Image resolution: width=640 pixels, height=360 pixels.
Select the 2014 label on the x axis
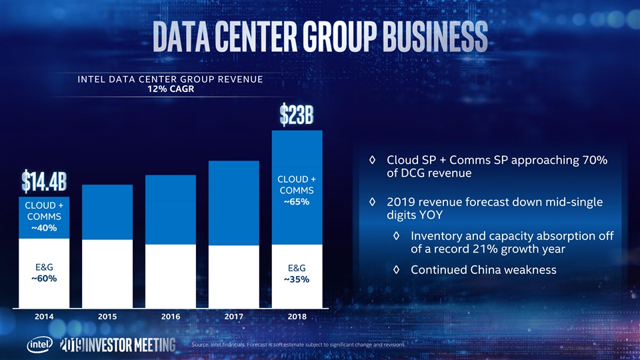tap(45, 317)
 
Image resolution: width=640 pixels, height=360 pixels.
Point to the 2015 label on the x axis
tap(107, 317)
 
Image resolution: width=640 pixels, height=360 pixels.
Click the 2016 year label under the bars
tap(171, 317)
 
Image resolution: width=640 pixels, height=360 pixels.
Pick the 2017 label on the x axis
tap(233, 317)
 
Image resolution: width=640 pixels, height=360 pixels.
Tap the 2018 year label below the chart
tap(297, 317)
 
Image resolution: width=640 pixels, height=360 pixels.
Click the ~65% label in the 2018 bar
tap(297, 203)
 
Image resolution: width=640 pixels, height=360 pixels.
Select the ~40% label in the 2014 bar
tap(45, 229)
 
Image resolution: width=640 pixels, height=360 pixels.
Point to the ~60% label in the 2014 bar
tap(45, 279)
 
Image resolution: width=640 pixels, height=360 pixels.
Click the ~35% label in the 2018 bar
tap(297, 279)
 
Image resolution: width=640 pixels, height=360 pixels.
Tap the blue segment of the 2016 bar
tap(171, 209)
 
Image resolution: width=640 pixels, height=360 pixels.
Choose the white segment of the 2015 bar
tap(107, 273)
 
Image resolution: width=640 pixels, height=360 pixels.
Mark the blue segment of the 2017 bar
tap(233, 203)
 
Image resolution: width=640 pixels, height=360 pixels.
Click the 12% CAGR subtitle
tap(169, 90)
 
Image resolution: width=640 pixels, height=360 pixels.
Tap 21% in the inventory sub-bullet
tap(492, 249)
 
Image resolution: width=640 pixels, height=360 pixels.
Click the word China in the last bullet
tap(487, 270)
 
